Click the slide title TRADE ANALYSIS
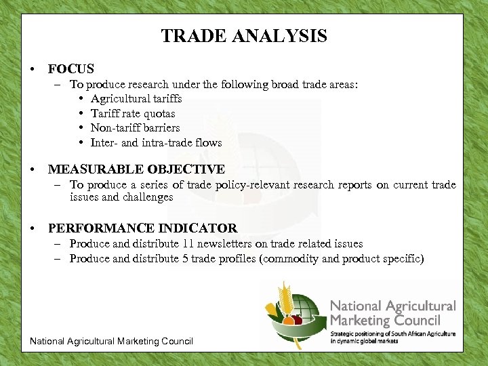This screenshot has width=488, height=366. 244,36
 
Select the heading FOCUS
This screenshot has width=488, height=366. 70,69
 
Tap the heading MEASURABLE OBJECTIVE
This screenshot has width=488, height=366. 136,169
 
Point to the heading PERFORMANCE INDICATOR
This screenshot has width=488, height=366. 142,228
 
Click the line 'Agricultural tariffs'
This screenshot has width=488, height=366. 136,99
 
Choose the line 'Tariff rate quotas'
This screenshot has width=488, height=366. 133,114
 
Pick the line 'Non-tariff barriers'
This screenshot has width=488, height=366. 135,128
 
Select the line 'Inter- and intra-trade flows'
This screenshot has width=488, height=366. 156,142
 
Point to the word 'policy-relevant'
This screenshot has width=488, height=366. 261,185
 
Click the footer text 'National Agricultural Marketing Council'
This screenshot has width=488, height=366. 111,341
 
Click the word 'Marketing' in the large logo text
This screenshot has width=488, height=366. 362,321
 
